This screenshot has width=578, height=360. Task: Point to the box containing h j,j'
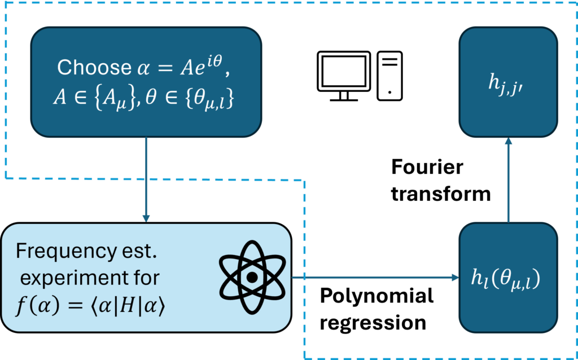pyautogui.click(x=508, y=82)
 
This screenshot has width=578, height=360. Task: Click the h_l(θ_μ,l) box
pyautogui.click(x=508, y=278)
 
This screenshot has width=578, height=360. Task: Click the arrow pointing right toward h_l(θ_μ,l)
pyautogui.click(x=375, y=278)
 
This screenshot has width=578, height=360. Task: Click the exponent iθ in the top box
pyautogui.click(x=216, y=60)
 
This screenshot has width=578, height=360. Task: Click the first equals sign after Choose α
pyautogui.click(x=164, y=68)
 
